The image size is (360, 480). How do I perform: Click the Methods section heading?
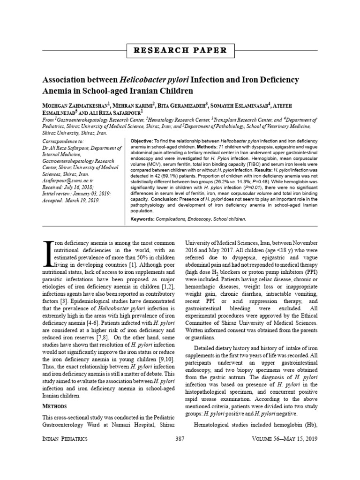coord(54,405)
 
